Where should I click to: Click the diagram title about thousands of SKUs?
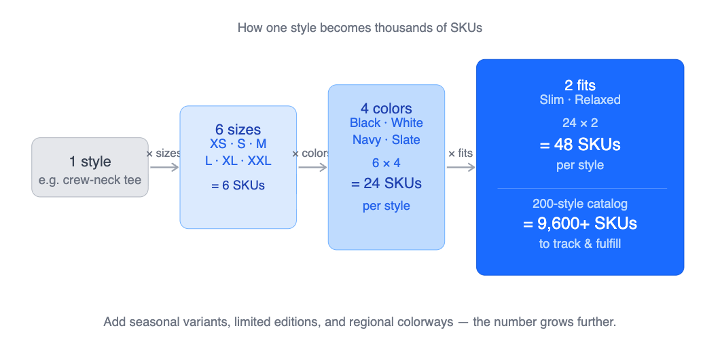(360, 28)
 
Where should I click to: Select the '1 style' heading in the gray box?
(90, 162)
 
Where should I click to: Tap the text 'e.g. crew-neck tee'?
(90, 181)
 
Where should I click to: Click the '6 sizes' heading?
(238, 130)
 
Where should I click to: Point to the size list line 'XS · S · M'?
(238, 144)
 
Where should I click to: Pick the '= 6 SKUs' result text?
(238, 185)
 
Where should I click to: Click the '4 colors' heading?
(386, 109)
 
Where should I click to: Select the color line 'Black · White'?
(386, 123)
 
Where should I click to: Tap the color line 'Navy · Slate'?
(386, 140)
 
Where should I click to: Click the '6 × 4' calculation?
(386, 163)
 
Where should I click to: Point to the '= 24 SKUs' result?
(386, 183)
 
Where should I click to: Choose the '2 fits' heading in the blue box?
(579, 86)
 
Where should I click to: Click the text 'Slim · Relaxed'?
(579, 100)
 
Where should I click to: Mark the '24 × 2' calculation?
(579, 124)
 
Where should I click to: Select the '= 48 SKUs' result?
(579, 145)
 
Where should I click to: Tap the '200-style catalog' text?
(579, 204)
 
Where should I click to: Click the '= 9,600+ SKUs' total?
(579, 223)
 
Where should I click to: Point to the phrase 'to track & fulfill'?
(579, 244)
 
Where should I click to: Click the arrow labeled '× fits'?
(461, 166)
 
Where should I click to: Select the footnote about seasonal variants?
(360, 321)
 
